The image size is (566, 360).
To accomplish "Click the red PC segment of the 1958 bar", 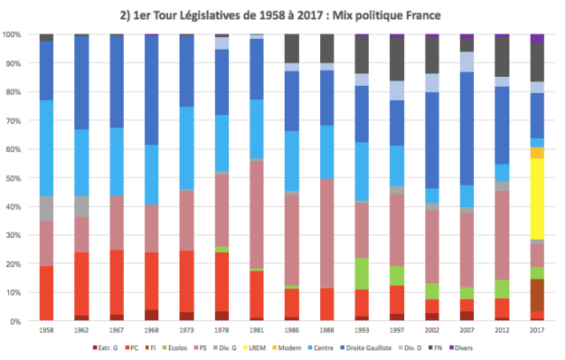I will point(47,293).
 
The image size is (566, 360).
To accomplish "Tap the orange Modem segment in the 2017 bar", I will point(537,153).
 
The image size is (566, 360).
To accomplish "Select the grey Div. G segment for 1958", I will point(47,208).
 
